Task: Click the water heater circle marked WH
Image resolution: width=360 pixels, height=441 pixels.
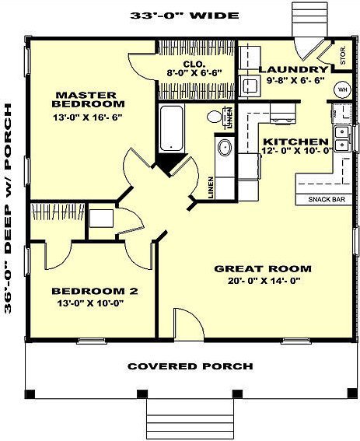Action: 342,89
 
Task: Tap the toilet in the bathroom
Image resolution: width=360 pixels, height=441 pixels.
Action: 217,116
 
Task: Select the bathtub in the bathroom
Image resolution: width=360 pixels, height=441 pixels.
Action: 172,128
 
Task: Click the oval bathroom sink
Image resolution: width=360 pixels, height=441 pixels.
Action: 225,148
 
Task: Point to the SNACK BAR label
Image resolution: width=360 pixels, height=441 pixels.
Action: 327,199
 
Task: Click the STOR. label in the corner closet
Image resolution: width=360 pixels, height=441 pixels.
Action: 343,56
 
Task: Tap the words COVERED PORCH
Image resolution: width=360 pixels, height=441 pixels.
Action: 190,366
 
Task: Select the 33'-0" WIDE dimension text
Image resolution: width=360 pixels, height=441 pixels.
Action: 184,16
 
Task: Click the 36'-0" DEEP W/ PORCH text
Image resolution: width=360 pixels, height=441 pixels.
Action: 8,209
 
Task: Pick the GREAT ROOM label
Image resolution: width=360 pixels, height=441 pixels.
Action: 263,269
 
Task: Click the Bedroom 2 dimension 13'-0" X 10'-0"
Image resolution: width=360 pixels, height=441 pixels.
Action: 90,303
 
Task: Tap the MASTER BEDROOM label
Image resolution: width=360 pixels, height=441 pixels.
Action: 89,100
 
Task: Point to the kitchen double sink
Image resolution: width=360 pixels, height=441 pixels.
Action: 342,139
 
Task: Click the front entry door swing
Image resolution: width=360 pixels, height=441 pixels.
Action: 189,324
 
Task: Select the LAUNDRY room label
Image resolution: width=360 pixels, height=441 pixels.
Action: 293,69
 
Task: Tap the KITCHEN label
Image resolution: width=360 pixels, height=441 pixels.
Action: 295,142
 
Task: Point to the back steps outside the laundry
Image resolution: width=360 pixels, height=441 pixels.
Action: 309,19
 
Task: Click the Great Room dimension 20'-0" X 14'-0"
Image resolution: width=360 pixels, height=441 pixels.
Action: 264,281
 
